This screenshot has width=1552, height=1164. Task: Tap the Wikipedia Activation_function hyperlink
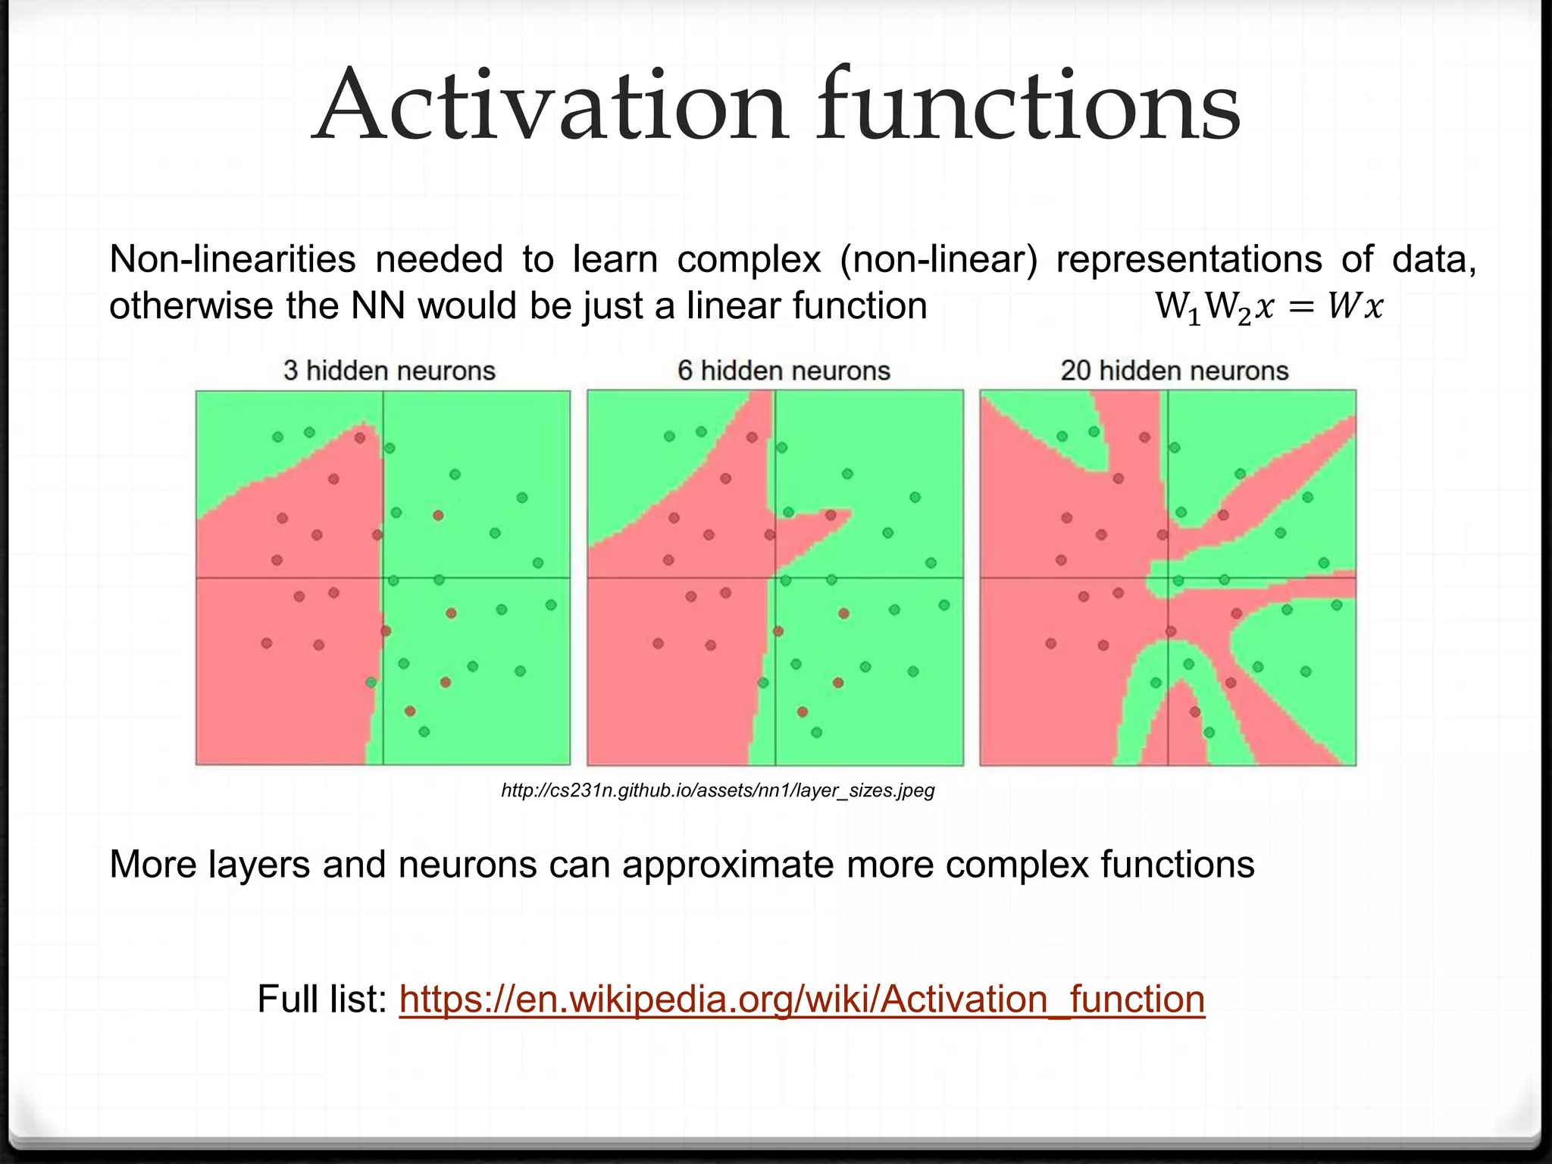pos(802,999)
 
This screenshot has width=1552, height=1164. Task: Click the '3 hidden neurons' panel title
pos(390,371)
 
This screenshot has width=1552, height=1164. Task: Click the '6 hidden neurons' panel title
pos(784,371)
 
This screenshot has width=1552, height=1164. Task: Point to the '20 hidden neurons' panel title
pos(1175,371)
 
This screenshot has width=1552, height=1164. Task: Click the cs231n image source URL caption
pos(718,791)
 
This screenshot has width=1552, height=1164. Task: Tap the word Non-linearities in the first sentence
pos(232,259)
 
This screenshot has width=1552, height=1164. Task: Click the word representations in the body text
pos(1188,259)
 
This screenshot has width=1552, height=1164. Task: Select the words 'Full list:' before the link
pos(322,999)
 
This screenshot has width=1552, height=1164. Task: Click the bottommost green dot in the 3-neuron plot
pos(424,731)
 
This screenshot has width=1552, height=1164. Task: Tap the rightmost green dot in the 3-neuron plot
pos(551,605)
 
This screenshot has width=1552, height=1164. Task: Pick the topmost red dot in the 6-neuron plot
pos(752,437)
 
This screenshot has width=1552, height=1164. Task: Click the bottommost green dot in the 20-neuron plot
pos(1209,732)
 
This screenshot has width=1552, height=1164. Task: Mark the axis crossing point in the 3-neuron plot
pos(383,578)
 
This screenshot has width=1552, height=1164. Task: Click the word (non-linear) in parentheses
pos(938,259)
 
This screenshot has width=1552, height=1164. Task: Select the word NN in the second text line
pos(381,306)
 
